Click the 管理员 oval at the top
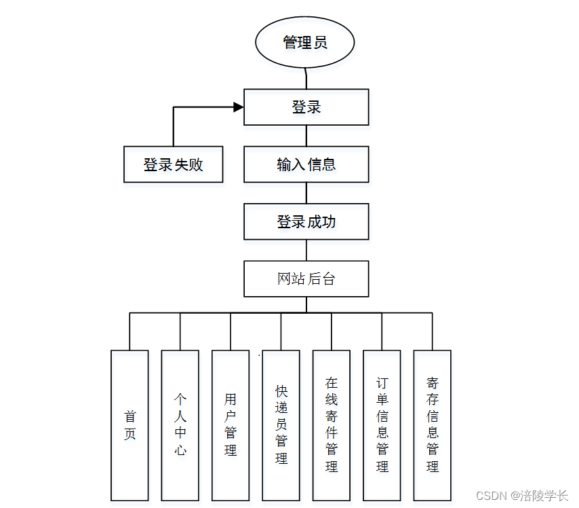[305, 43]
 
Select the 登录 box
[306, 107]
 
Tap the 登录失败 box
[173, 164]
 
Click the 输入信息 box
[306, 164]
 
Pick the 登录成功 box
[306, 221]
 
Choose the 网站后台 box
[306, 278]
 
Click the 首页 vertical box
[129, 425]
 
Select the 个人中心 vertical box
[180, 425]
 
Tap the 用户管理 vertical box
[231, 425]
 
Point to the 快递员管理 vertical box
[281, 425]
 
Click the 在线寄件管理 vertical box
[332, 425]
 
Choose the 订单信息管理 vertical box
[382, 425]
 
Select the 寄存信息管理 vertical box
[432, 425]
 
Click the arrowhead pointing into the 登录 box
[238, 107]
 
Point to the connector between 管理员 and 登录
[306, 78]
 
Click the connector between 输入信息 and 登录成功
[306, 193]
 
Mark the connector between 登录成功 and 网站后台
[306, 250]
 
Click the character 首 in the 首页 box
[129, 416]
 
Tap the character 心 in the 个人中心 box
[180, 450]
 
